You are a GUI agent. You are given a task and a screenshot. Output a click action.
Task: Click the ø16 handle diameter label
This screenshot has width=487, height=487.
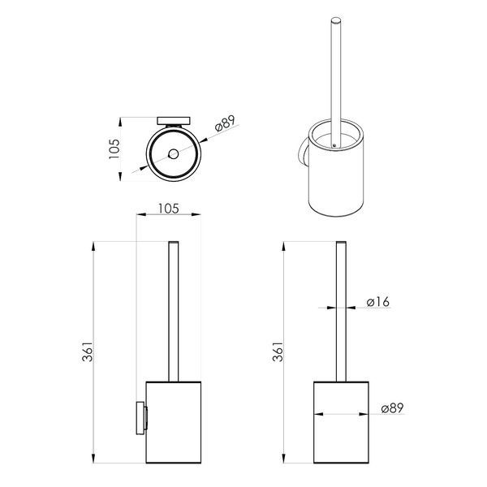point(377,302)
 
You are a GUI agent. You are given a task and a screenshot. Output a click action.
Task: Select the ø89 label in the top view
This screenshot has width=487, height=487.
point(225,123)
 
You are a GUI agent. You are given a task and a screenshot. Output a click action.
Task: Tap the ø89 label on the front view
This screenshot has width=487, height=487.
point(392,408)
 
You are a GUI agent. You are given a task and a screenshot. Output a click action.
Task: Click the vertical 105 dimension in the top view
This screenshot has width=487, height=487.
point(114,149)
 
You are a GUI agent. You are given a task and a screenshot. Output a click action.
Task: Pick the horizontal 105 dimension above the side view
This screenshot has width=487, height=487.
point(169,209)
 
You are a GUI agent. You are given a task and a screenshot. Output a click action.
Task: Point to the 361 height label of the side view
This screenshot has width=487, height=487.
point(88,351)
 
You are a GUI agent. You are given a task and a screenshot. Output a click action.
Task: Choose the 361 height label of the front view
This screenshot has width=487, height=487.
point(278,351)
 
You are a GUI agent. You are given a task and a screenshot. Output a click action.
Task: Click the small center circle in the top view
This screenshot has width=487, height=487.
point(173,153)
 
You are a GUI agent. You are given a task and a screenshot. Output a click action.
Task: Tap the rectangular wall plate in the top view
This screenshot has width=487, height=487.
point(174,121)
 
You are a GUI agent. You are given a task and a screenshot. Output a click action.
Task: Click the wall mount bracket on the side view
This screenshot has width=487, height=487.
point(141,418)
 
